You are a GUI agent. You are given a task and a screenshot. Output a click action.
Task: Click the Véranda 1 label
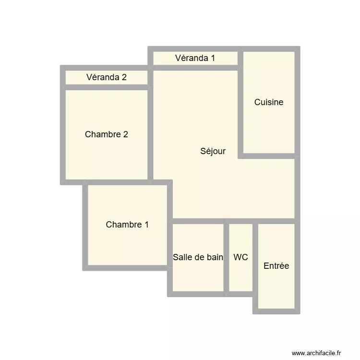click(195, 58)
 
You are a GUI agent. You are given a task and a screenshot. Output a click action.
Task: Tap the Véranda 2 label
click(107, 77)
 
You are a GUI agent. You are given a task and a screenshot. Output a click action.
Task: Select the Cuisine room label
click(269, 102)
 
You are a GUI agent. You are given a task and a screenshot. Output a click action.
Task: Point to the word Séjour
click(213, 151)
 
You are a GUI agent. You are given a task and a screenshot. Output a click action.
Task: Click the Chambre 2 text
click(106, 134)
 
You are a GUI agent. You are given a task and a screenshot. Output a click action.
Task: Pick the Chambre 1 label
click(127, 225)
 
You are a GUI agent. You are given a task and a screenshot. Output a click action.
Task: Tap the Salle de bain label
click(198, 257)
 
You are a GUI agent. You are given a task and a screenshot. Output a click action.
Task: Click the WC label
click(241, 257)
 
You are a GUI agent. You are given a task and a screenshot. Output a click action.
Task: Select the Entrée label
click(276, 266)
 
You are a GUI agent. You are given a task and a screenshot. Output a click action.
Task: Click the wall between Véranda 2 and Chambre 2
click(107, 87)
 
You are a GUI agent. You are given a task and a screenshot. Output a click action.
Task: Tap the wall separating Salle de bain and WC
click(226, 257)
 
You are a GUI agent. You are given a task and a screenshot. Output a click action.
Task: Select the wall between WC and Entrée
click(255, 257)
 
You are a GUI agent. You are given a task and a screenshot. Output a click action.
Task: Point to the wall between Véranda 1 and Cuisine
click(240, 58)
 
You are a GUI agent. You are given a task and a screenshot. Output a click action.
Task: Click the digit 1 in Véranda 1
click(212, 58)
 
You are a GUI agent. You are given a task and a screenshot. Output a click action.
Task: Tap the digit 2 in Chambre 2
click(125, 134)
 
